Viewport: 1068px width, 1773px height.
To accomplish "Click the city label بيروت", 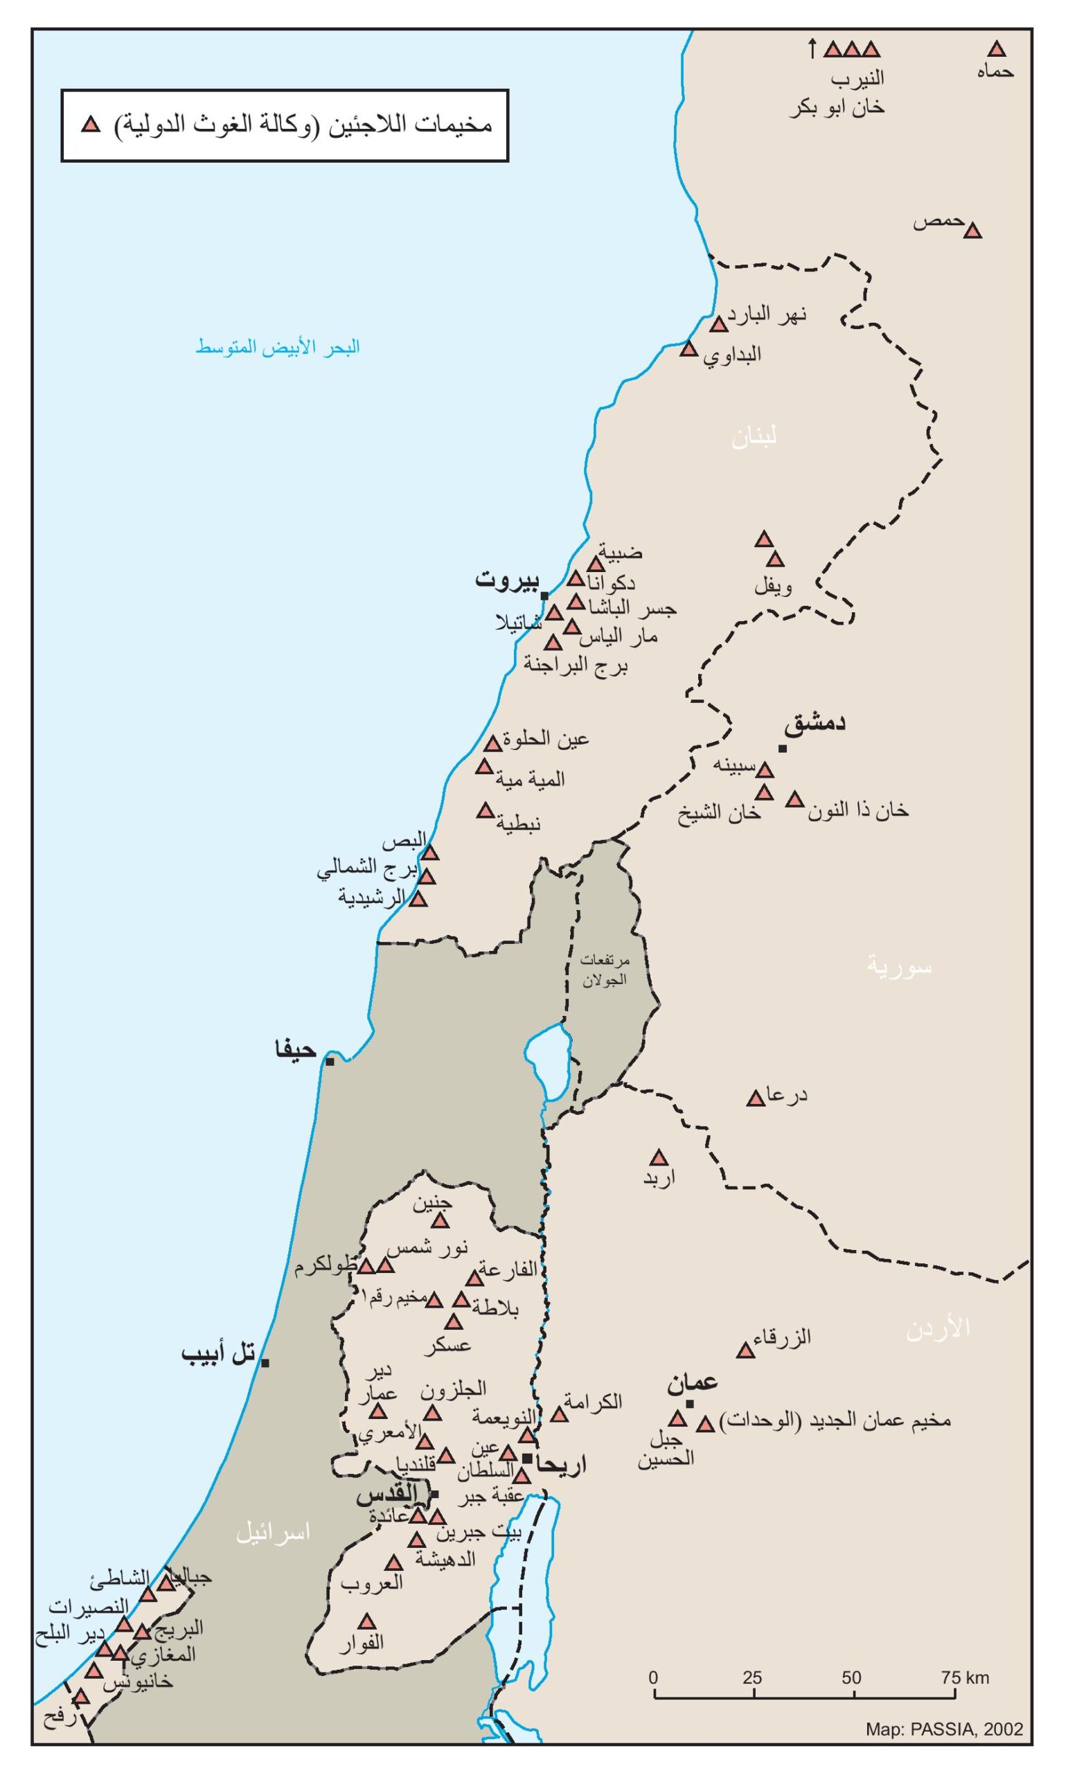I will (506, 580).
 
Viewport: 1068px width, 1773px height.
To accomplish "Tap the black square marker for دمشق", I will (783, 749).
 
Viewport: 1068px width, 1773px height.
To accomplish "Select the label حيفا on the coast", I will (296, 1050).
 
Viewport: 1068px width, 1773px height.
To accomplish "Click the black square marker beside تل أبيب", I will (265, 1363).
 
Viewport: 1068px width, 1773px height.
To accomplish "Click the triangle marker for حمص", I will (973, 232).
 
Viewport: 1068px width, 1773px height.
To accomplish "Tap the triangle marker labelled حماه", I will (996, 50).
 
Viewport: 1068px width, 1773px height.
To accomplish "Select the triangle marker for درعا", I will (756, 1098).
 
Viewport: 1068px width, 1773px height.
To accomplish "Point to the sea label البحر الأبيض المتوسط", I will (278, 348).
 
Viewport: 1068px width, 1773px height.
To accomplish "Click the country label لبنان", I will (754, 438).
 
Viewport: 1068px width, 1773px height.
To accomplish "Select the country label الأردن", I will (938, 1328).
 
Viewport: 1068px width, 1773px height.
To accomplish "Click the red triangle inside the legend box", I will (91, 125).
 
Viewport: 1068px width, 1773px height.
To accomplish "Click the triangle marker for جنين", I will (440, 1221).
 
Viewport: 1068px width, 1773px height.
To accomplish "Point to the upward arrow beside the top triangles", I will (812, 49).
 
